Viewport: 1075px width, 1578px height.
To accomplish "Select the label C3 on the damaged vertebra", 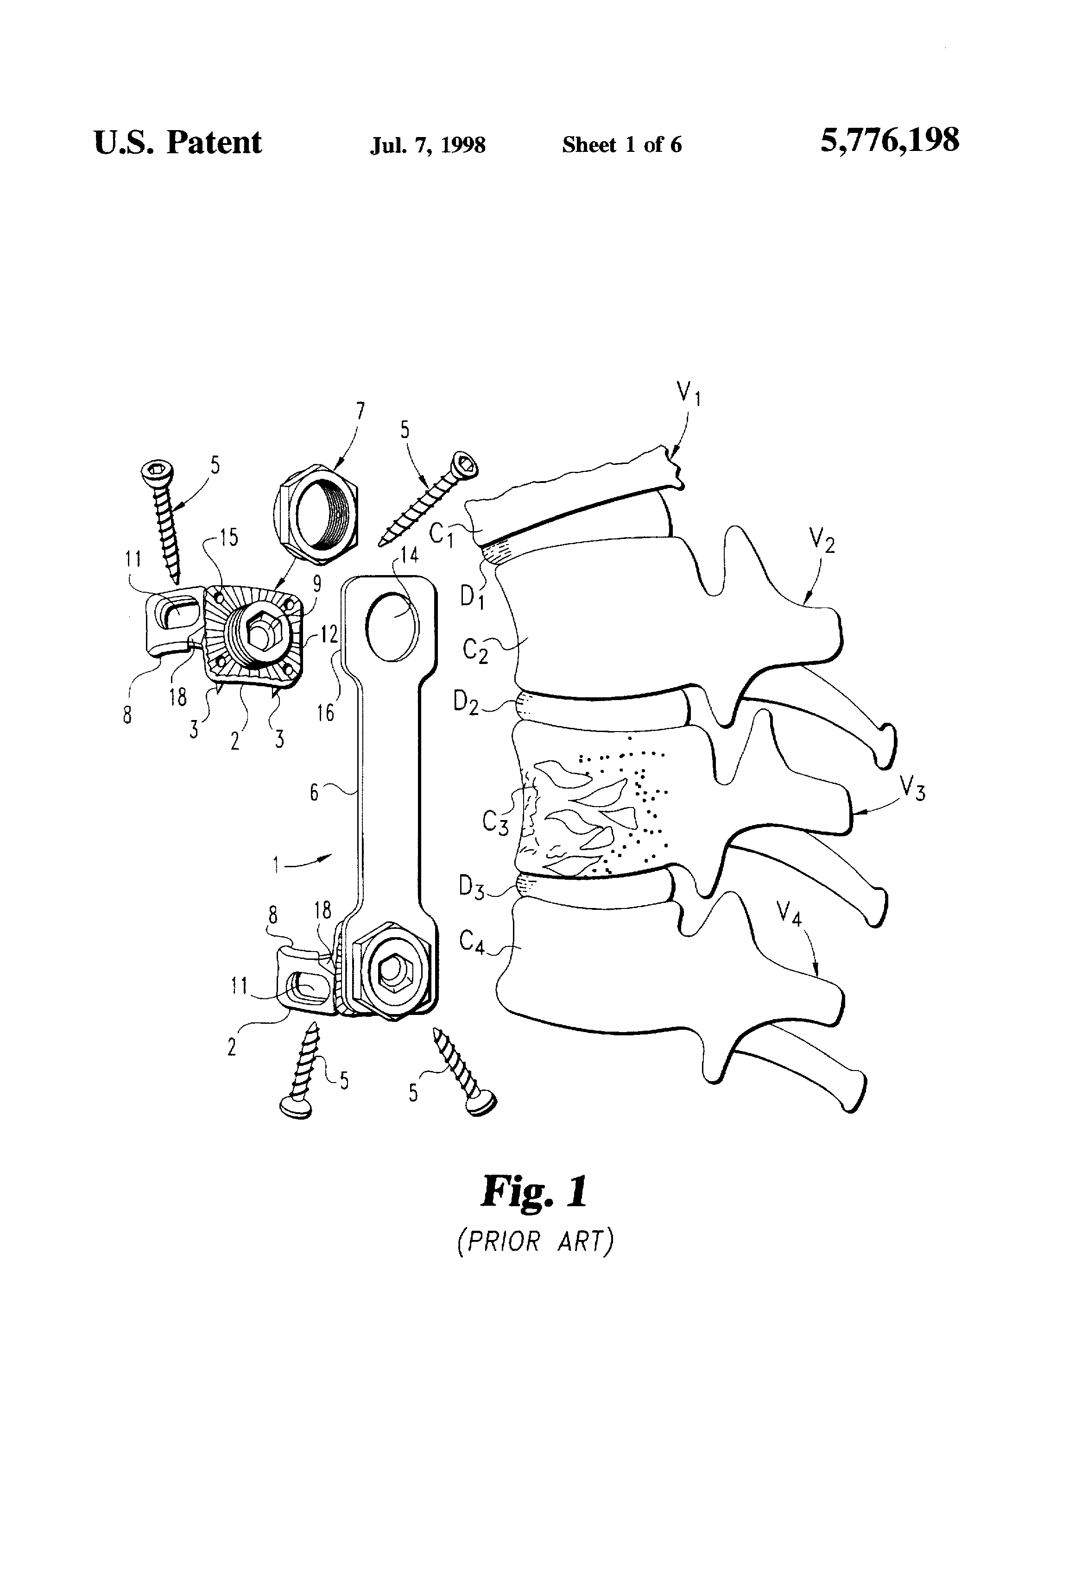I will (x=495, y=822).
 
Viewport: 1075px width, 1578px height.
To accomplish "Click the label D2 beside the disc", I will (x=466, y=703).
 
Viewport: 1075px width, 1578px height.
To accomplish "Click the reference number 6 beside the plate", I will (x=314, y=792).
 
